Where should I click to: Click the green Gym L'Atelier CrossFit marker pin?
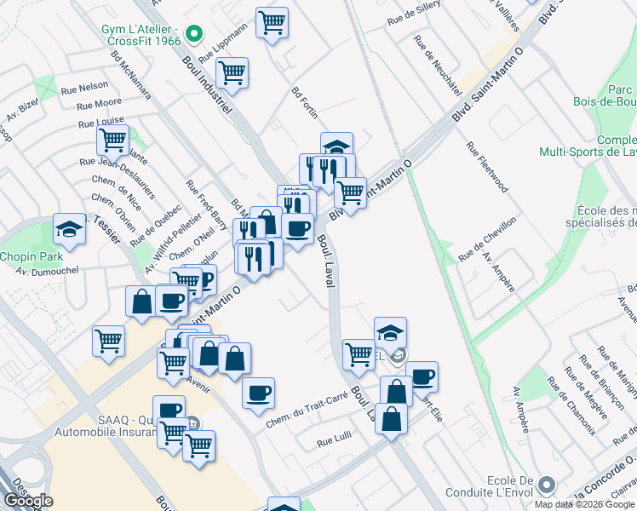click(x=193, y=35)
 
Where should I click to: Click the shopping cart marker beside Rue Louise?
click(x=112, y=139)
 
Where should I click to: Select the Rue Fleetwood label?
click(x=487, y=167)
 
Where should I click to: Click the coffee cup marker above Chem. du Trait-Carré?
click(x=258, y=392)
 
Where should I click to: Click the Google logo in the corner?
click(x=28, y=501)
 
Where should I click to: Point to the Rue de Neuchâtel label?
click(x=437, y=65)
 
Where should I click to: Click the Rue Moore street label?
click(x=99, y=103)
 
